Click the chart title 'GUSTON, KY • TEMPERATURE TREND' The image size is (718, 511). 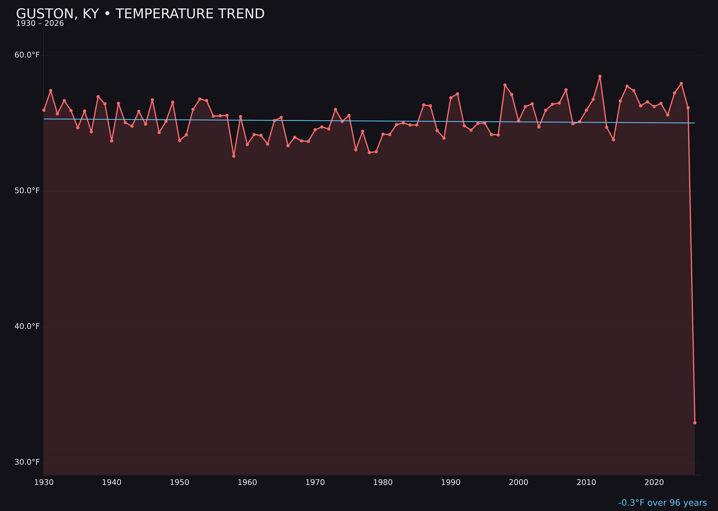pos(140,14)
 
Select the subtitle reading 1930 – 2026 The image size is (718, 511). pos(40,24)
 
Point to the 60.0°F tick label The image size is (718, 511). pos(27,55)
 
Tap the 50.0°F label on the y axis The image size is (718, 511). pos(27,191)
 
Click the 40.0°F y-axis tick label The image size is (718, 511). pos(27,326)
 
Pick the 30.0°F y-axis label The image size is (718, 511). pos(27,462)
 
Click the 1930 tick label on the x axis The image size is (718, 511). pos(44,482)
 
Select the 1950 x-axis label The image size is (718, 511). pos(179,482)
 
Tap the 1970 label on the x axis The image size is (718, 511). pos(315,482)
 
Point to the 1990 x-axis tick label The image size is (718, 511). pos(451,482)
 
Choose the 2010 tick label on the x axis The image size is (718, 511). pos(586,482)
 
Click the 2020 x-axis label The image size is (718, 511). pos(654,482)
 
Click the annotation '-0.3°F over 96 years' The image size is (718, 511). pos(662,503)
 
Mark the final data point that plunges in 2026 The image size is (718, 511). pos(695,423)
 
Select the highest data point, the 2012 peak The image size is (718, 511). pos(600,76)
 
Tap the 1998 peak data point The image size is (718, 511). pos(505,85)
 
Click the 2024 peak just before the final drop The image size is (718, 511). pos(681,83)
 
